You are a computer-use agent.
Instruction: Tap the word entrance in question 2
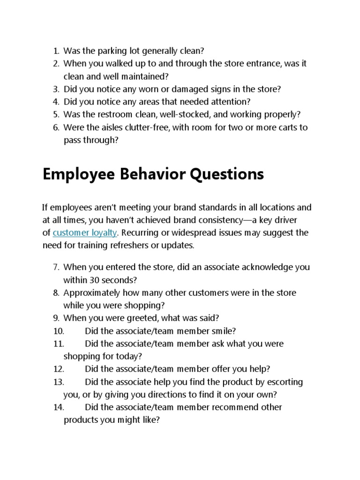click(x=257, y=63)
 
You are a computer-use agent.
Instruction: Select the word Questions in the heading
click(x=226, y=174)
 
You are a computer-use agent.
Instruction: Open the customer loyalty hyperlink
click(x=85, y=233)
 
